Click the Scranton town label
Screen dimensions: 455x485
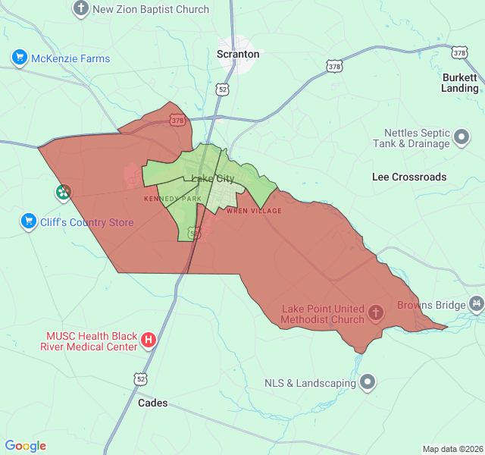tap(238, 54)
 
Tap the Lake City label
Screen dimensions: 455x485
tap(213, 179)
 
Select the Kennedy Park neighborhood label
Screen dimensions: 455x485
tap(173, 199)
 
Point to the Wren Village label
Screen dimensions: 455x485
tap(253, 211)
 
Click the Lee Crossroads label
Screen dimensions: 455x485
tap(409, 177)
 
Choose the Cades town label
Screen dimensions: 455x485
tap(152, 403)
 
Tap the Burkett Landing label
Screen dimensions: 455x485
tap(460, 83)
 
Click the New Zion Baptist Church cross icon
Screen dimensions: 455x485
tap(81, 9)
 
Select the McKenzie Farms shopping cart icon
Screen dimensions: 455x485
tap(20, 58)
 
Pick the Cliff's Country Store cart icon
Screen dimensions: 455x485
tap(29, 221)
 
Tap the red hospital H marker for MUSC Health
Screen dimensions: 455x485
tap(149, 340)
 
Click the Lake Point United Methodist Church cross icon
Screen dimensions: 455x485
tap(375, 312)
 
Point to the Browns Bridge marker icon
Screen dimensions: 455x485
tap(476, 305)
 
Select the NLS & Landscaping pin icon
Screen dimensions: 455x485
tap(368, 382)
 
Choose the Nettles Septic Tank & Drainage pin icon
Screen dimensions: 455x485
tap(462, 138)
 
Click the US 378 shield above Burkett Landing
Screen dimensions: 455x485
tap(459, 52)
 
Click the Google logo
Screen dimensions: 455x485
tap(26, 446)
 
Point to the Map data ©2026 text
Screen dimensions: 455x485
tap(452, 449)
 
